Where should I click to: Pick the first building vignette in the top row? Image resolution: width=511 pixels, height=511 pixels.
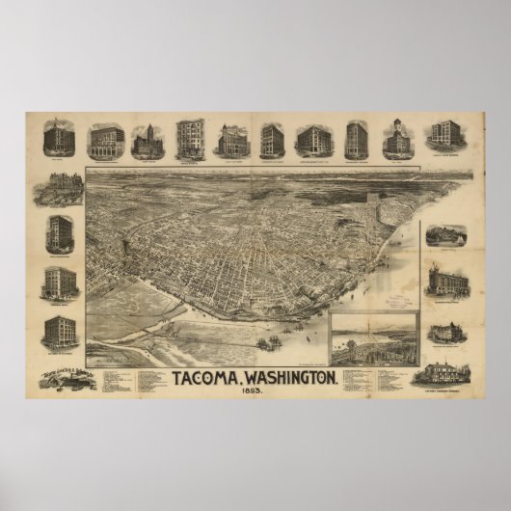(59, 140)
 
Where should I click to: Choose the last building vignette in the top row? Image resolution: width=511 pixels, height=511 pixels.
(445, 138)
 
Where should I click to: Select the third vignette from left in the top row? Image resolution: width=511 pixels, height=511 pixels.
(148, 141)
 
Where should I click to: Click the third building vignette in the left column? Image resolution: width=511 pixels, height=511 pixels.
(60, 282)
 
